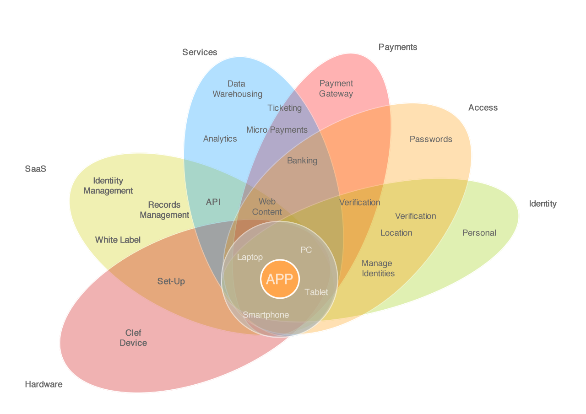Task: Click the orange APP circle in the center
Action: pyautogui.click(x=280, y=279)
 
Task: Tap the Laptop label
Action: pyautogui.click(x=250, y=257)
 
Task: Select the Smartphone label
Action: pyautogui.click(x=266, y=315)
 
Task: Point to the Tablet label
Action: pyautogui.click(x=316, y=292)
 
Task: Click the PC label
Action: pyautogui.click(x=306, y=250)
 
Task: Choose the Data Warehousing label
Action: pyautogui.click(x=237, y=89)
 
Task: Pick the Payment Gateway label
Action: pyautogui.click(x=336, y=88)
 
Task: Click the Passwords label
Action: pyautogui.click(x=431, y=139)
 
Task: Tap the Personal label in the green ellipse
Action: pyautogui.click(x=479, y=233)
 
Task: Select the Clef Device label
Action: pyautogui.click(x=133, y=338)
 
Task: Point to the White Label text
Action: pyautogui.click(x=118, y=240)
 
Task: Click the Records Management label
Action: pyautogui.click(x=164, y=210)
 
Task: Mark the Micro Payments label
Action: pyautogui.click(x=277, y=129)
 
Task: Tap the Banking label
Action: pyautogui.click(x=302, y=161)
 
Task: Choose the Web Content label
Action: pyautogui.click(x=267, y=207)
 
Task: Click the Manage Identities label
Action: pyautogui.click(x=378, y=268)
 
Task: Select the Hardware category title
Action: pyautogui.click(x=43, y=384)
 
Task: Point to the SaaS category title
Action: pyautogui.click(x=36, y=169)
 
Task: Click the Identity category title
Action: pyautogui.click(x=543, y=204)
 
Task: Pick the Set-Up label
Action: pyautogui.click(x=171, y=281)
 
